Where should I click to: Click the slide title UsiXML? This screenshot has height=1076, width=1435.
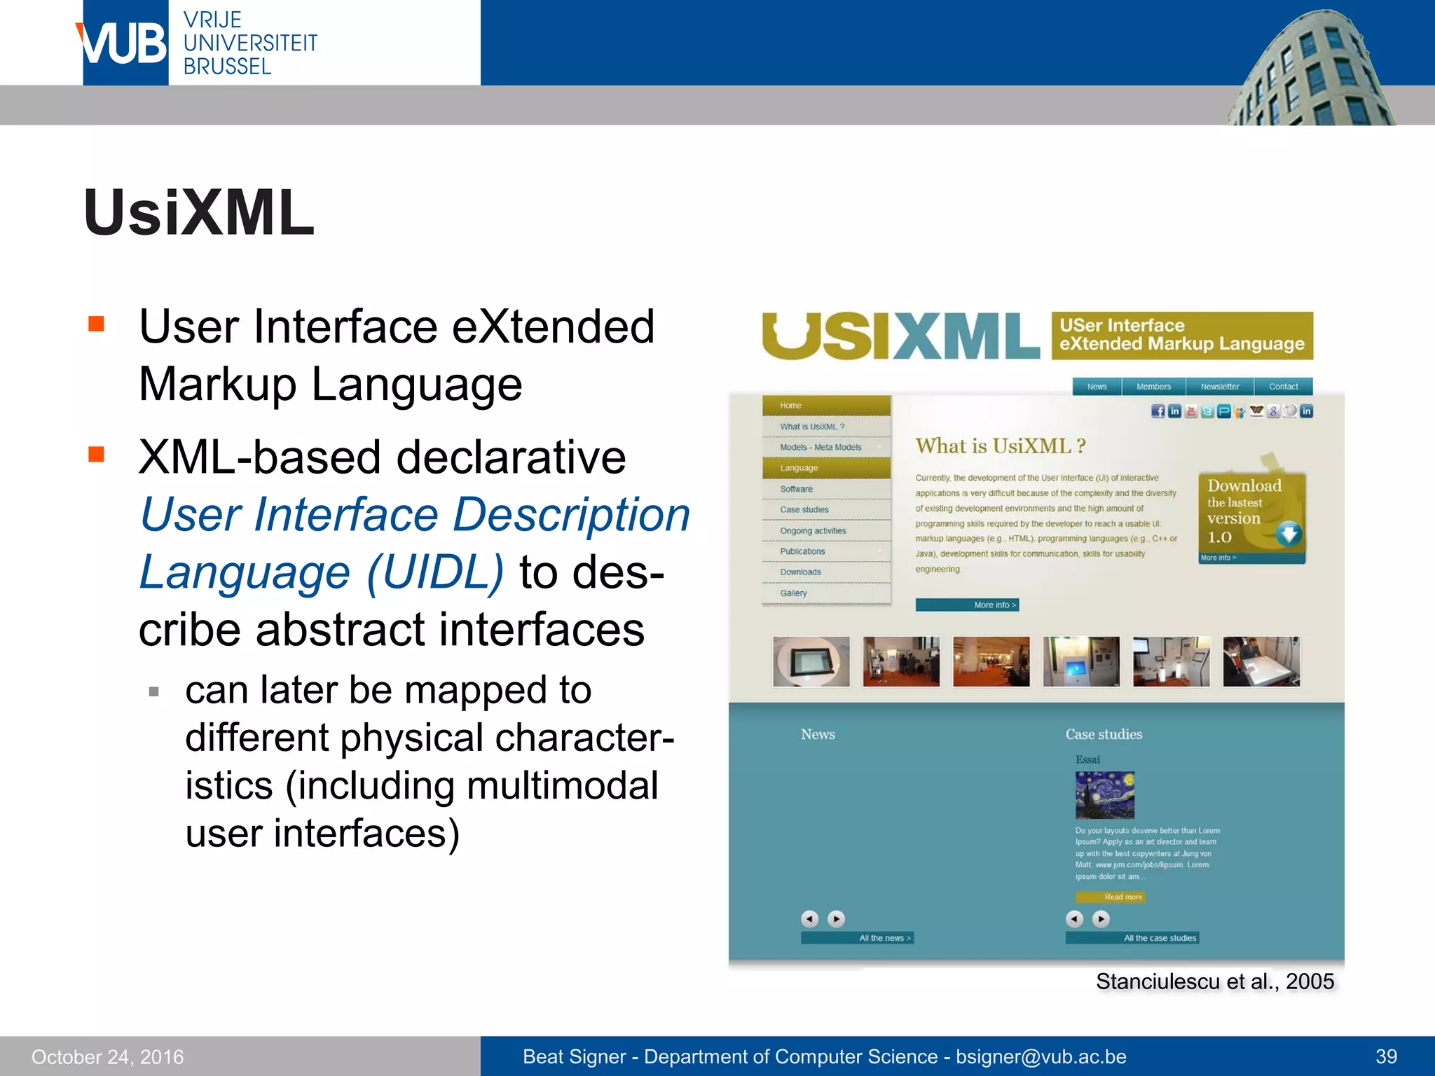click(x=199, y=213)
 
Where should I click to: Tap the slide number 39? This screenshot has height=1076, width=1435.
click(x=1386, y=1056)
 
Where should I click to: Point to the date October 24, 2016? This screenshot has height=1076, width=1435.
click(x=107, y=1056)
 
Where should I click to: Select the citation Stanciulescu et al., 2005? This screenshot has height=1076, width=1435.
click(x=1214, y=981)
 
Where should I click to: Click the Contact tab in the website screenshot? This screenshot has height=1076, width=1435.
click(x=1283, y=387)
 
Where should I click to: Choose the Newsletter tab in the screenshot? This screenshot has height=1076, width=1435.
click(x=1219, y=387)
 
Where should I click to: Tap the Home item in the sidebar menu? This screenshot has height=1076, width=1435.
click(x=791, y=406)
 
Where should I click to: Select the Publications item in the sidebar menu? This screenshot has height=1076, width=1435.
click(x=803, y=551)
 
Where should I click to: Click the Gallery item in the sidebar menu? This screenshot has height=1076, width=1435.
click(x=794, y=593)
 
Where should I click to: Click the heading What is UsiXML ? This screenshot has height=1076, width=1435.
click(x=1000, y=446)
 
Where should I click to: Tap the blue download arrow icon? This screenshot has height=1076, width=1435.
click(x=1288, y=534)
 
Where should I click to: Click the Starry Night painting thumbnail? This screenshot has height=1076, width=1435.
click(x=1105, y=795)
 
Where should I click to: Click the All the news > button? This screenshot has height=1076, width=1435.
click(x=857, y=938)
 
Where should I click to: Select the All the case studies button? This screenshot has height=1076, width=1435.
click(x=1132, y=938)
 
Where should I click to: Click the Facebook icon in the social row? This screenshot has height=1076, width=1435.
click(x=1158, y=411)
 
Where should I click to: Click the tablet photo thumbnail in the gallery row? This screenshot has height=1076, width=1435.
click(x=811, y=661)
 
